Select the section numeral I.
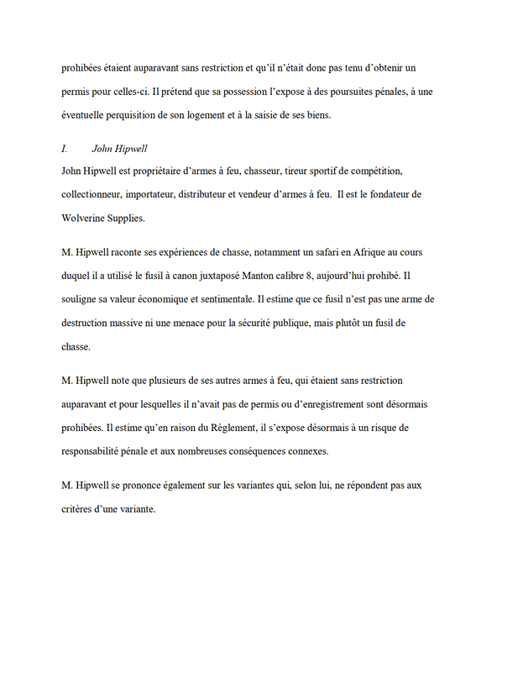click(x=65, y=149)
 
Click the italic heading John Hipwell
click(x=120, y=149)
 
